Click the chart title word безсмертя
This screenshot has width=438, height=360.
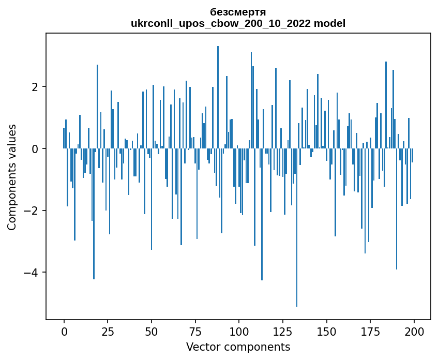tap(238, 12)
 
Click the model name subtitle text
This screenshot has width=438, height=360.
tap(238, 23)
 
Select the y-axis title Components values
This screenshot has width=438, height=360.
tap(11, 177)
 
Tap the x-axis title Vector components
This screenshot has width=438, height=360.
tap(238, 347)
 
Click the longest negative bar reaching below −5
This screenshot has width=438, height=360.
tap(297, 233)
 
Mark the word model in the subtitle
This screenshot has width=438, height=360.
tap(331, 23)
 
